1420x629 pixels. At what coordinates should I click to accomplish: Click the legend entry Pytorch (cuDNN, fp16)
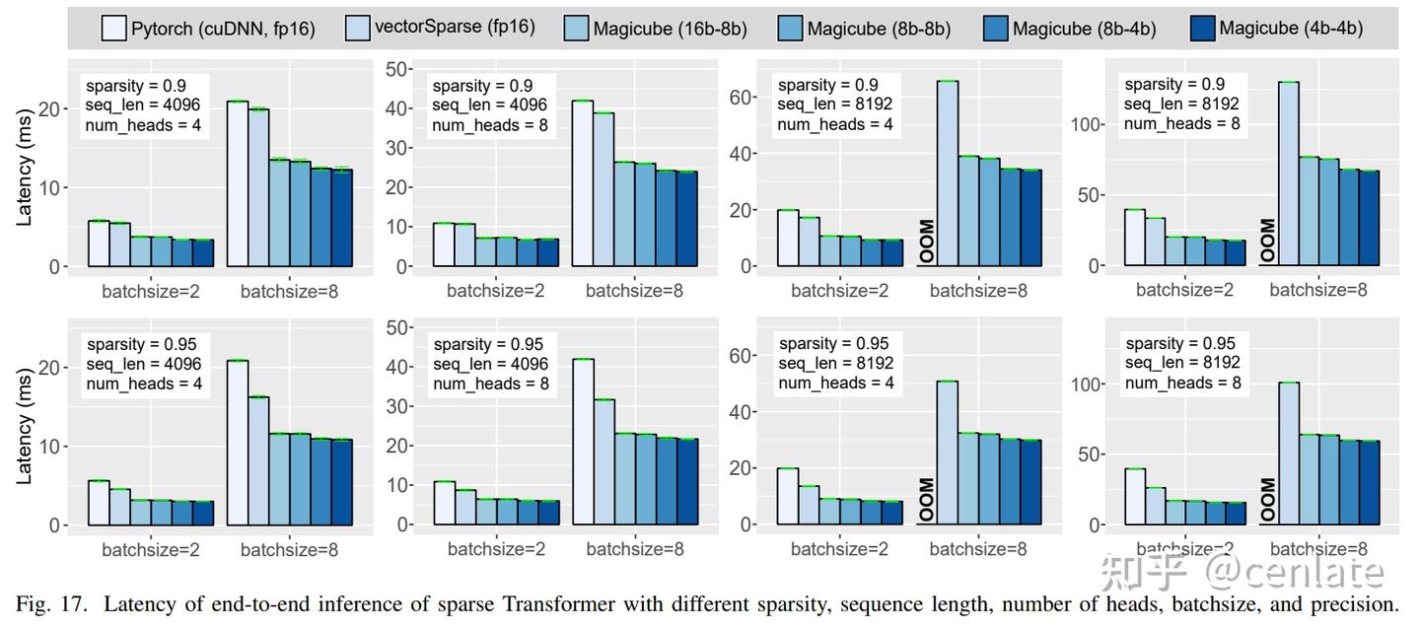pos(208,29)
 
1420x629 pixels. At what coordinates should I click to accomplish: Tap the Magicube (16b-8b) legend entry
pos(657,29)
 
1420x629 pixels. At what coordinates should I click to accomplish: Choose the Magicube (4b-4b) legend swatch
pos(1202,29)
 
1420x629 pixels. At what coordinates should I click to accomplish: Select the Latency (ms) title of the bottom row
pos(26,429)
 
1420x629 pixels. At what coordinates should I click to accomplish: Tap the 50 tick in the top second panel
pos(397,68)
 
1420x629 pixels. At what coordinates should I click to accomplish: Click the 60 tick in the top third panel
pos(745,97)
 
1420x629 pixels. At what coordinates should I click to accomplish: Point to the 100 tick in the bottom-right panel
pos(1087,384)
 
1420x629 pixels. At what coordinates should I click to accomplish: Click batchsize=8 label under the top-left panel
pos(289,291)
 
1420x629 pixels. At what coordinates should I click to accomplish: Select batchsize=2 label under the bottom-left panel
pos(150,550)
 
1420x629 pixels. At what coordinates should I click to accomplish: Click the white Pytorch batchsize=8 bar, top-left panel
pos(237,183)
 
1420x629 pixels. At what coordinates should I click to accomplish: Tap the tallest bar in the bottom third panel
pos(947,453)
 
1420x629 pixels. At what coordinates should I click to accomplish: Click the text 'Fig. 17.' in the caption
pos(44,603)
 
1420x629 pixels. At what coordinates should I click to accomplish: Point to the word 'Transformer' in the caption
pos(651,603)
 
